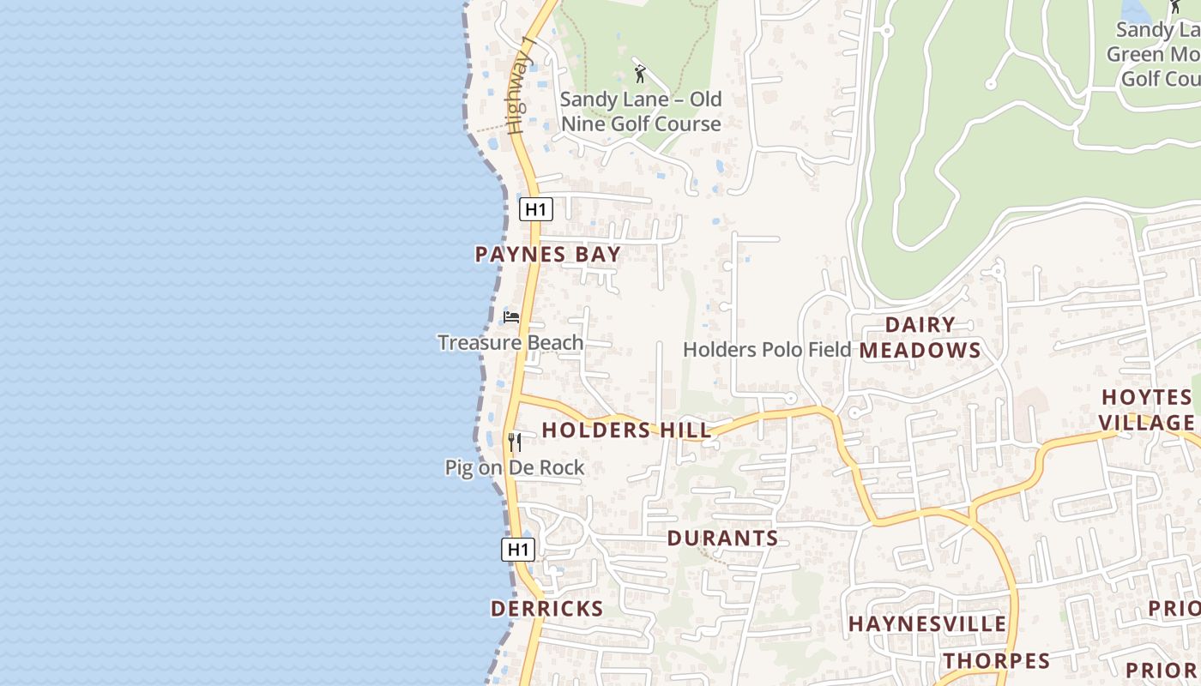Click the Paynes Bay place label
pos(547,255)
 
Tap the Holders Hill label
pos(626,430)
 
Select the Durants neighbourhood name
pos(722,539)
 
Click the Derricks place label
pos(546,609)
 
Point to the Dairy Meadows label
pos(920,337)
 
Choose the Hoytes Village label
pos(1147,410)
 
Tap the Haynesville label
pos(926,624)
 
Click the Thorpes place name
pos(997,661)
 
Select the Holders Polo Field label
pos(767,350)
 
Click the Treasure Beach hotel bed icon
pos(511,317)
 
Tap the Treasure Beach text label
pos(510,343)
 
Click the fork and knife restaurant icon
pos(514,442)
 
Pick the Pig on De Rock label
pos(515,468)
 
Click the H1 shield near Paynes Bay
pos(535,209)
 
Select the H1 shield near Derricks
pos(518,550)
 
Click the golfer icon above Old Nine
pos(639,74)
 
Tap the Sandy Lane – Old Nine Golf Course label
pos(641,111)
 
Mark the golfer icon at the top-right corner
pos(1174,7)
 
